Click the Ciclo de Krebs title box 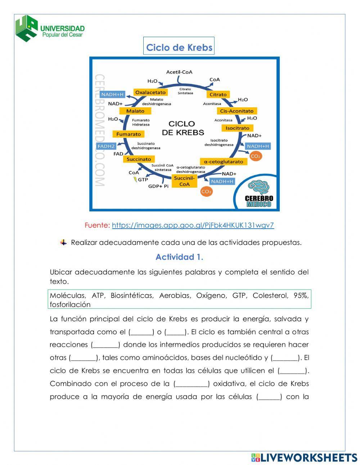179,48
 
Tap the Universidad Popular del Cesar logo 50,28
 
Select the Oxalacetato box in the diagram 150,93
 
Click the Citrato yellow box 218,94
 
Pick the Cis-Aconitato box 237,111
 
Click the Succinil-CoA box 184,181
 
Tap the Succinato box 139,159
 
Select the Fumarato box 129,134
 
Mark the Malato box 135,111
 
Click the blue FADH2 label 106,146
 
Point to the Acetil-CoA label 179,72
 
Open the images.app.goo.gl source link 193,225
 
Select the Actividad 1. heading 179,257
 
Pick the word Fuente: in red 97,225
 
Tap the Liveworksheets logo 304,457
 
